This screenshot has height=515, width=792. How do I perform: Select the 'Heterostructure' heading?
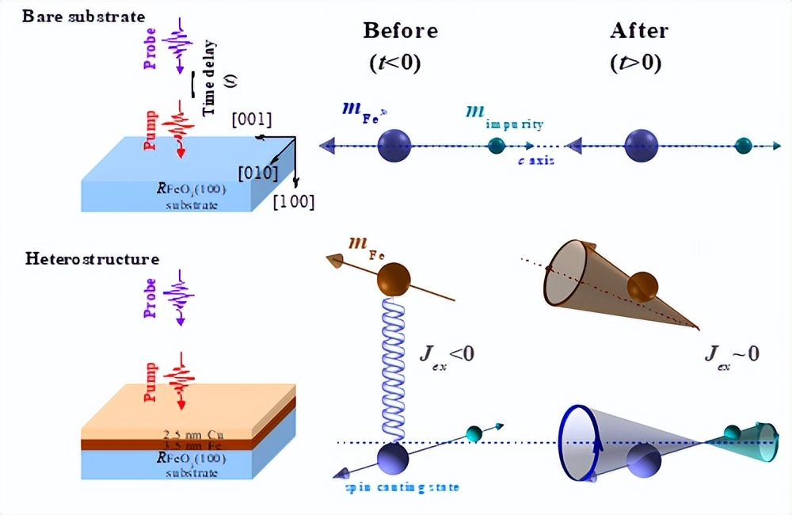(92, 259)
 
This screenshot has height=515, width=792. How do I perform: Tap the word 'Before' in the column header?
(400, 31)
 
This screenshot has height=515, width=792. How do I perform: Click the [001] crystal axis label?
(251, 120)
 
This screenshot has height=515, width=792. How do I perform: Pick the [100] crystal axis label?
(293, 202)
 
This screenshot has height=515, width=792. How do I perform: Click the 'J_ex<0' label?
(447, 352)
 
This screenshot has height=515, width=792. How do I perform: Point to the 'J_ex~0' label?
(732, 352)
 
